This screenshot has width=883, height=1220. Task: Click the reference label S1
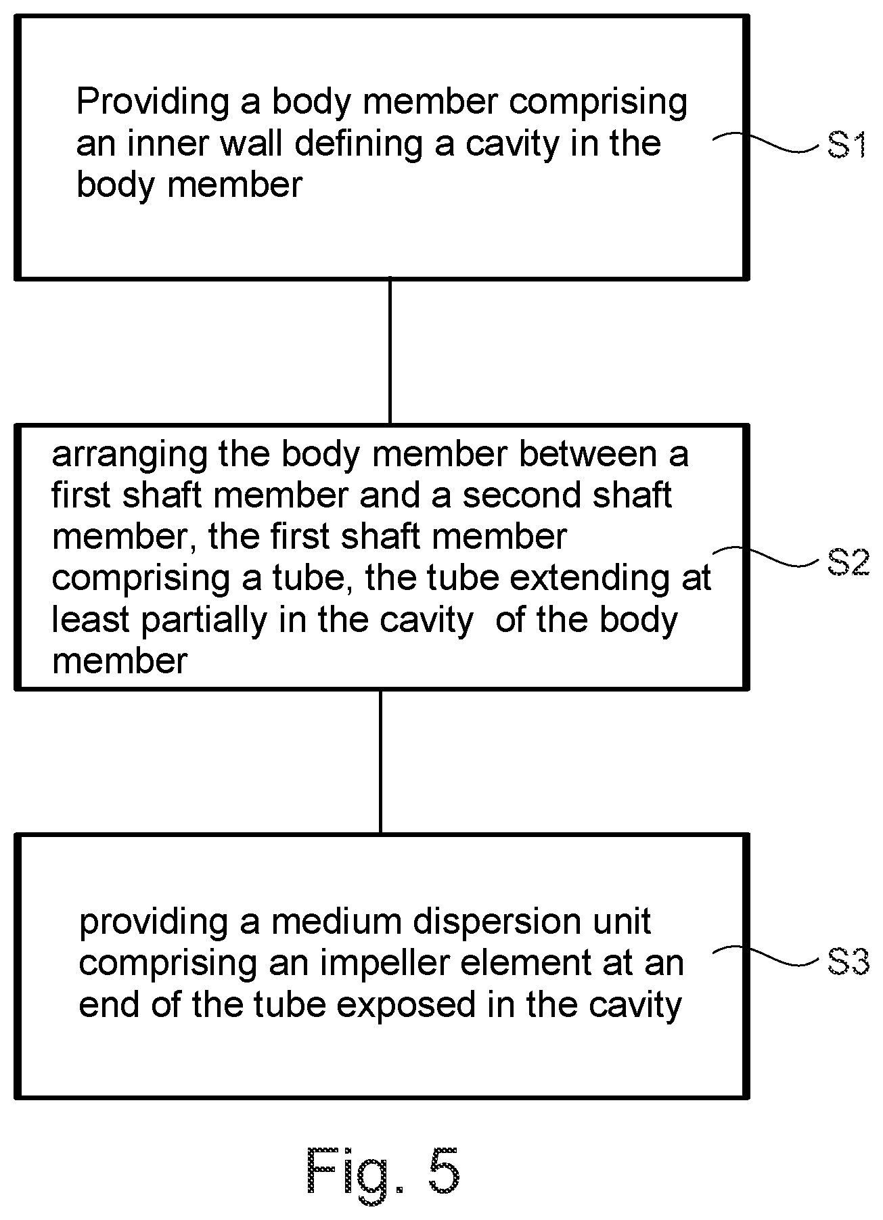(847, 145)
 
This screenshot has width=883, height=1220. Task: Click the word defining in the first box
(362, 144)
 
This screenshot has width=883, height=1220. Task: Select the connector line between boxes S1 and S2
(390, 351)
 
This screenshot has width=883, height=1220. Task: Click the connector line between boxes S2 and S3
(380, 761)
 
